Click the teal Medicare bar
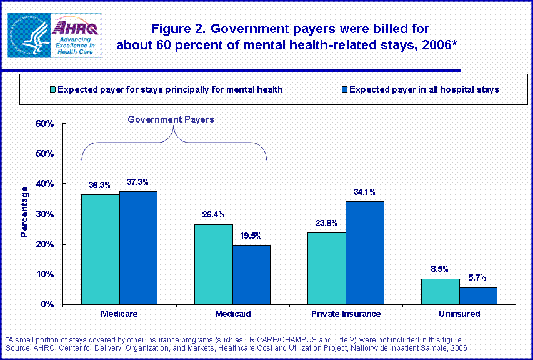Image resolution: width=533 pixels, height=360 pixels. click(x=100, y=249)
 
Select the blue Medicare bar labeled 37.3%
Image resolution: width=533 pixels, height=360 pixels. click(x=138, y=248)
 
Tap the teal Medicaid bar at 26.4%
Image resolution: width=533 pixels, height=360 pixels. click(x=213, y=264)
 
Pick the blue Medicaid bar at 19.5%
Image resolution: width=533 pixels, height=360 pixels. click(x=251, y=275)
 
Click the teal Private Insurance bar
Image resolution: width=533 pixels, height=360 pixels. click(x=326, y=269)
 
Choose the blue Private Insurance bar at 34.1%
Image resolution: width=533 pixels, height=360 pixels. click(x=365, y=253)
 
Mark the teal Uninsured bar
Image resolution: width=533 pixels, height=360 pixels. click(x=440, y=292)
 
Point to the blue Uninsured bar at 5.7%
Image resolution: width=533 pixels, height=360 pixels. click(x=478, y=296)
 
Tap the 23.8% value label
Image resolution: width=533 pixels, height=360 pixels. click(x=326, y=224)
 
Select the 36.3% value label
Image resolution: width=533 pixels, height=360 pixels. click(x=100, y=185)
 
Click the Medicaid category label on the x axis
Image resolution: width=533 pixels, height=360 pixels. click(x=232, y=314)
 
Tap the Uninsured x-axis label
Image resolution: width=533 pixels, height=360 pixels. click(x=459, y=314)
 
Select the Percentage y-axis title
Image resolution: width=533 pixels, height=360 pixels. click(x=25, y=212)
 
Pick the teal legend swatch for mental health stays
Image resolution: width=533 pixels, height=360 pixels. click(x=52, y=89)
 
